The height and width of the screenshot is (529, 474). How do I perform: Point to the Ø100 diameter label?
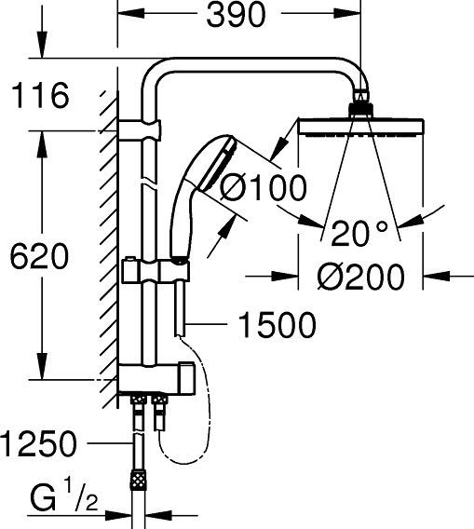click(x=264, y=188)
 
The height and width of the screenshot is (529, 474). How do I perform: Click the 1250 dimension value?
click(x=38, y=444)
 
